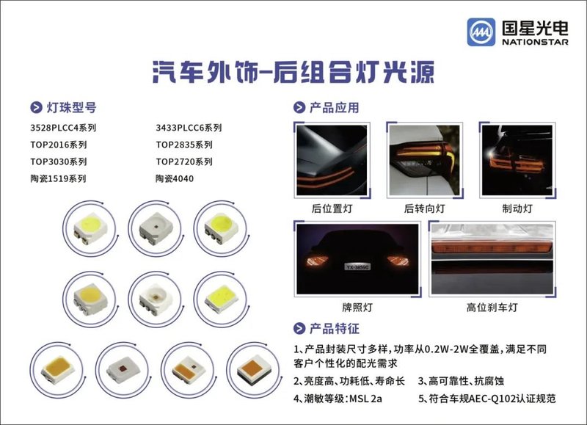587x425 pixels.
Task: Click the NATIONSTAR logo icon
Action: pos(481,33)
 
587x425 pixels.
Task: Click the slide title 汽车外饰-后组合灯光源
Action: pos(293,72)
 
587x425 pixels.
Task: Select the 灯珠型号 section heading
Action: pos(70,108)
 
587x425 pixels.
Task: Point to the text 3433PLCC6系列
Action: pos(189,128)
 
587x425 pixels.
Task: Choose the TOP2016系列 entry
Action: pos(58,145)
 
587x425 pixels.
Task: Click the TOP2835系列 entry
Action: pos(184,145)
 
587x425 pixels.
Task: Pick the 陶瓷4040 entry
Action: pos(175,178)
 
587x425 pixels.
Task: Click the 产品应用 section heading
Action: pos(334,108)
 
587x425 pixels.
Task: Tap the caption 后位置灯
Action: pos(332,208)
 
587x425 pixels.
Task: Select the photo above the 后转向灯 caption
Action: pos(424,159)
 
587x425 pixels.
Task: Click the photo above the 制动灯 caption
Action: pos(517,159)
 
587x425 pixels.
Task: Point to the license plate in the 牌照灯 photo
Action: pos(358,269)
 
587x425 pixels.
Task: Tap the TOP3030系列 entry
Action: pos(58,161)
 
